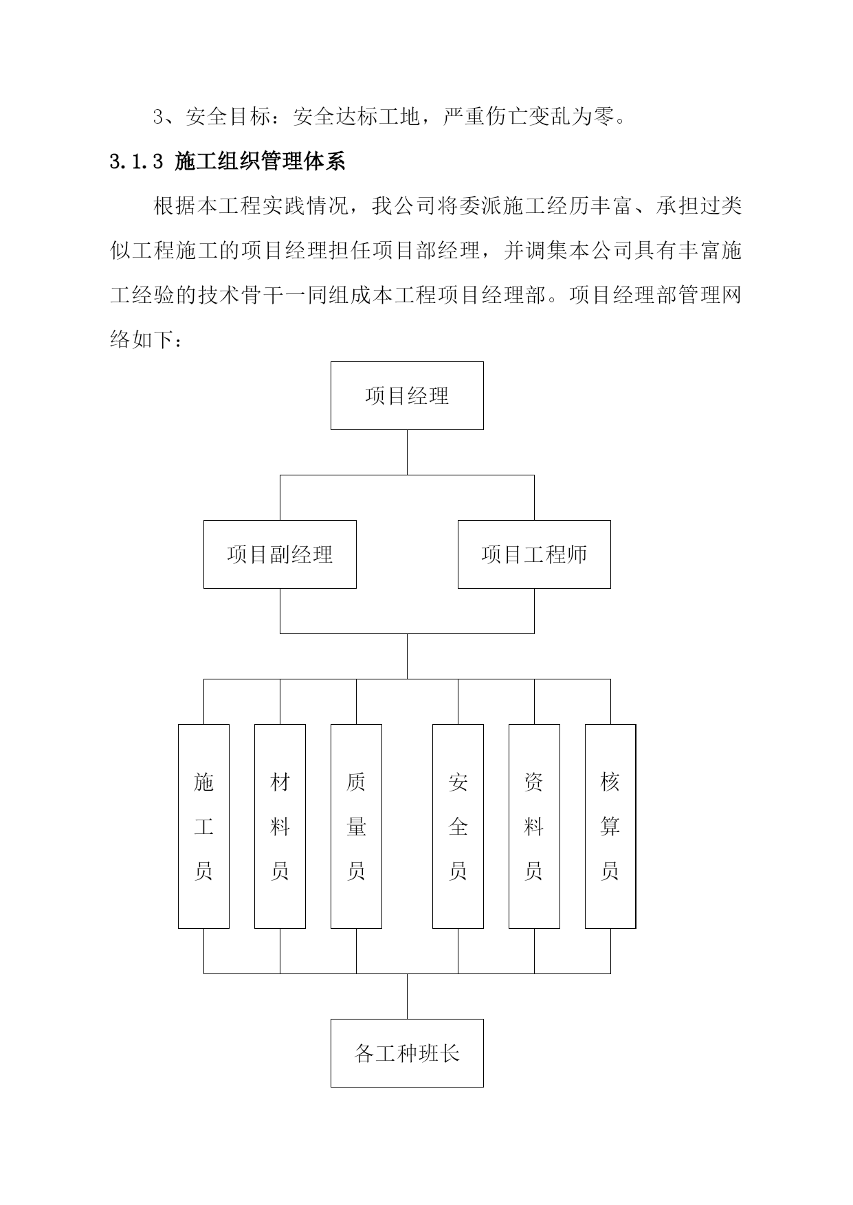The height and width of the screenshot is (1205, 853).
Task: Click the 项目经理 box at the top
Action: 407,396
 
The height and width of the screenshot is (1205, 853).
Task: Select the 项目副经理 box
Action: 280,554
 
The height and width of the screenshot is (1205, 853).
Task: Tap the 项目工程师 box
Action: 534,554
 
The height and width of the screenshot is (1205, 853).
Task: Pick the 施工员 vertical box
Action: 203,826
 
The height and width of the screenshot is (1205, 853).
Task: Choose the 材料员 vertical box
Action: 280,826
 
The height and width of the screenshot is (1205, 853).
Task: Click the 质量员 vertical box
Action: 356,826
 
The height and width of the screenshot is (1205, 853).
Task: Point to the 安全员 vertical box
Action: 458,826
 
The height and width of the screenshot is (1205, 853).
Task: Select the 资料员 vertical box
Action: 534,826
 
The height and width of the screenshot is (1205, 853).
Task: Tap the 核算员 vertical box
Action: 610,826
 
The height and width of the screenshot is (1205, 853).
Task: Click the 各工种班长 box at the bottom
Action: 407,1053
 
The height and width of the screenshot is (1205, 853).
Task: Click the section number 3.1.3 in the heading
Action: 136,162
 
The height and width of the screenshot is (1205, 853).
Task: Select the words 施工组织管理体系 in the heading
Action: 260,161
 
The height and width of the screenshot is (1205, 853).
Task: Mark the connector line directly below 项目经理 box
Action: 407,452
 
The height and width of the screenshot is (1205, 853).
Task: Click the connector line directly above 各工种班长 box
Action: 407,996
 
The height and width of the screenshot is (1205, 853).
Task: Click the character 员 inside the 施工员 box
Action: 203,871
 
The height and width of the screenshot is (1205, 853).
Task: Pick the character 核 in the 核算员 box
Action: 610,782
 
